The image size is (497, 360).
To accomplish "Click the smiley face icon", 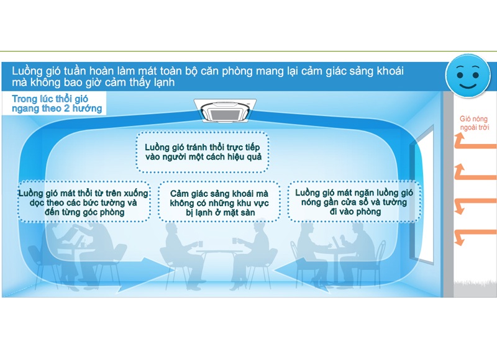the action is coord(468,76).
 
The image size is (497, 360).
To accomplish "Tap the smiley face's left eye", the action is coord(460,75).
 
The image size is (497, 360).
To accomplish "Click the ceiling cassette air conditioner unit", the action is coord(225,110).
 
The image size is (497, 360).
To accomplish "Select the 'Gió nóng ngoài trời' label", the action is coord(474,123).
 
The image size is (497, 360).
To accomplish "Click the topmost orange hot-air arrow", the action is coord(475,144).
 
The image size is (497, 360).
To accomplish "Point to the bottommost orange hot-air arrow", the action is coord(475,235).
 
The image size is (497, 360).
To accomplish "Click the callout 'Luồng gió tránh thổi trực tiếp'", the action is coord(203,152).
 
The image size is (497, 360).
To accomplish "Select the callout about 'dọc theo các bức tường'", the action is coord(84,202).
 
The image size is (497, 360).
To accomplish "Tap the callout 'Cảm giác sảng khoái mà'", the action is coord(219,202).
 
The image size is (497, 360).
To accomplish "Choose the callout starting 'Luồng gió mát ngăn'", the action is coord(354,202).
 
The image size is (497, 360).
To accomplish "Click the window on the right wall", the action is coord(422,194).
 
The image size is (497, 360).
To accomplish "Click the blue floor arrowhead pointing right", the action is coord(153,273).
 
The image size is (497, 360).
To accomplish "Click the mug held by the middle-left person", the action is coord(200,244).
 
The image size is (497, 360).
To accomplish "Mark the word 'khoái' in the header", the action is coord(390,71).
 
